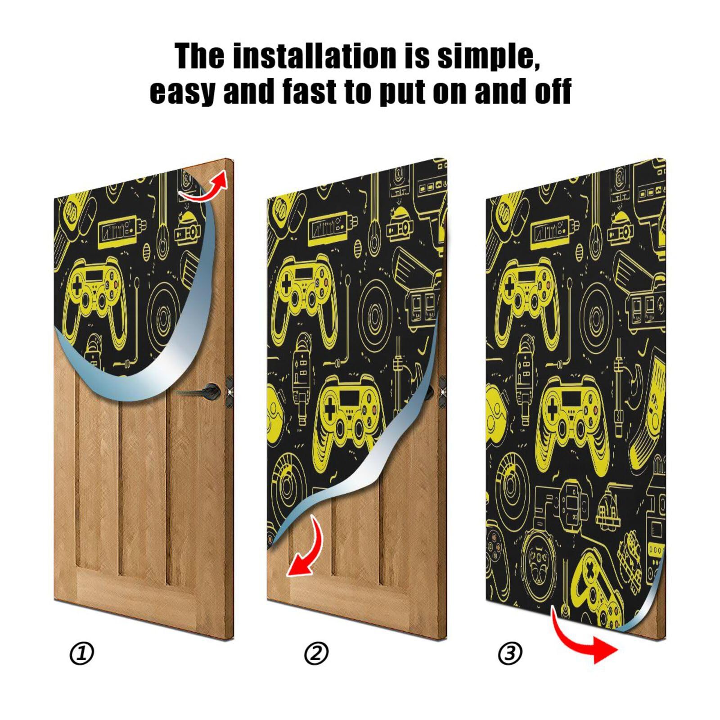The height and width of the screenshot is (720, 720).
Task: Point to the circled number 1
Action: pos(82,653)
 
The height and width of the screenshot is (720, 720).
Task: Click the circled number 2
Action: pos(316,653)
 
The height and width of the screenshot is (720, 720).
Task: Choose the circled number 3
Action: pos(510,653)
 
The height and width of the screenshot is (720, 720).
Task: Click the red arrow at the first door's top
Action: pos(205,187)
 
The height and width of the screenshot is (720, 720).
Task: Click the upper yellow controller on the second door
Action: pos(306,288)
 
